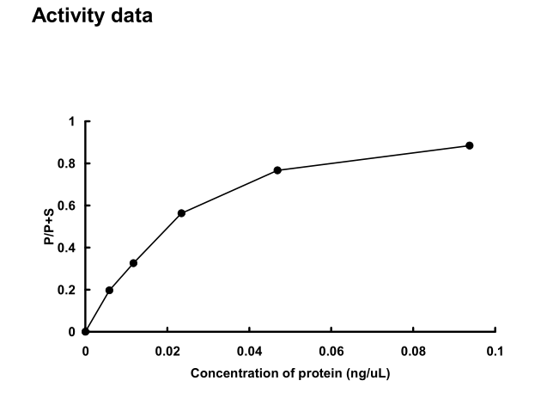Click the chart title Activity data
[x=92, y=15]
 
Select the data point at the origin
[x=85, y=331]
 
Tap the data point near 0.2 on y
[x=109, y=290]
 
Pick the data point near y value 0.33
[x=133, y=263]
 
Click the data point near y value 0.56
[x=181, y=213]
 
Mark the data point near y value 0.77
[x=277, y=170]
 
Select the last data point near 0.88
[x=470, y=145]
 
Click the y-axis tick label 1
[x=72, y=121]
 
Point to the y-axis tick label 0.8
[x=68, y=163]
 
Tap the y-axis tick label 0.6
[x=68, y=206]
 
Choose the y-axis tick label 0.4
[x=68, y=248]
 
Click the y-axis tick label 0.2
[x=68, y=290]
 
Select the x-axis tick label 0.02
[x=167, y=351]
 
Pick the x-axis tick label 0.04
[x=249, y=351]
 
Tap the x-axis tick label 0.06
[x=331, y=351]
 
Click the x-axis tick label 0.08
[x=413, y=351]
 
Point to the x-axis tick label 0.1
[x=495, y=351]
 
